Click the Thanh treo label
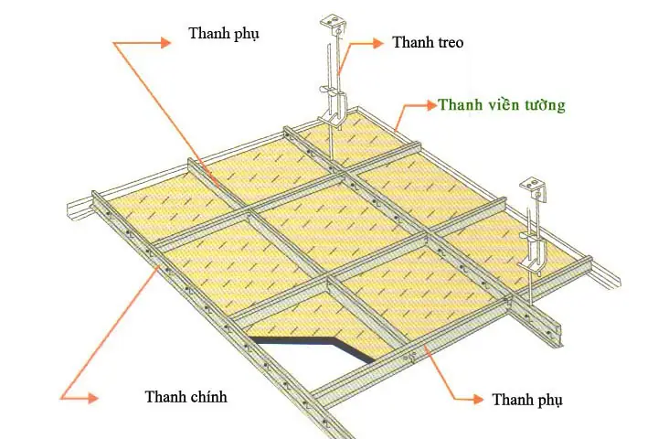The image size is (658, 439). [x=427, y=42]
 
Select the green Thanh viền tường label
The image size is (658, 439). [x=501, y=105]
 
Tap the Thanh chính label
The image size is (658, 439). [x=186, y=397]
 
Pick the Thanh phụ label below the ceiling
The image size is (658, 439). [x=528, y=400]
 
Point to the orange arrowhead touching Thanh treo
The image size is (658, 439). [x=376, y=41]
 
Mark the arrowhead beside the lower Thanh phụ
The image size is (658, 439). [x=477, y=399]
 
